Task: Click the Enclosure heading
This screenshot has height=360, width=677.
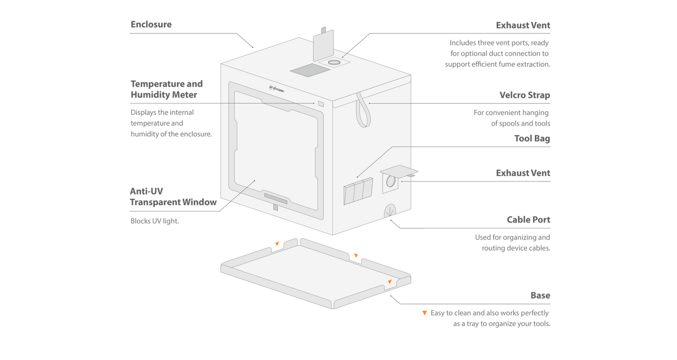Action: [151, 25]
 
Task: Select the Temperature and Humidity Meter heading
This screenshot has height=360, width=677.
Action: [167, 89]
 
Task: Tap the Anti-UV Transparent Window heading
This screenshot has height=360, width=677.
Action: [173, 196]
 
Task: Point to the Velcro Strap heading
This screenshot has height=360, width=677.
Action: [525, 95]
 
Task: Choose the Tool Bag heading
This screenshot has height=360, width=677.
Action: [532, 139]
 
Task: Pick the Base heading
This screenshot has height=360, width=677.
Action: [540, 295]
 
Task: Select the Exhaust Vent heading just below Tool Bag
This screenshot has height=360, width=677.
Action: [523, 173]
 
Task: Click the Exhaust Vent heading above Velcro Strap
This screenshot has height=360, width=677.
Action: [523, 25]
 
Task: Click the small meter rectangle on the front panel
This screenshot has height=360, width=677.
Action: [320, 103]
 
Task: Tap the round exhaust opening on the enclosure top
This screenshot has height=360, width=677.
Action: [334, 63]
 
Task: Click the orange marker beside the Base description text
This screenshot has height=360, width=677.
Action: [425, 313]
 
